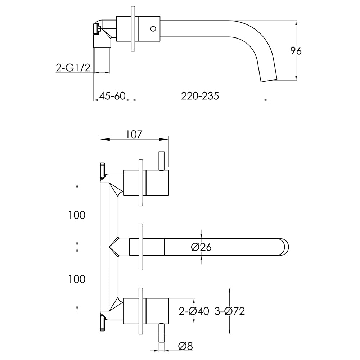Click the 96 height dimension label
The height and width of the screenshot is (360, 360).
(x=296, y=51)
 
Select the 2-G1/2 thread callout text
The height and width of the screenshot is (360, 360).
(x=73, y=67)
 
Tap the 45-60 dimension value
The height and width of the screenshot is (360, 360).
(x=112, y=96)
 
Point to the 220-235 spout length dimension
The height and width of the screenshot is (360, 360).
(x=200, y=96)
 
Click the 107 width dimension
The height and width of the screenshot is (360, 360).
(x=134, y=134)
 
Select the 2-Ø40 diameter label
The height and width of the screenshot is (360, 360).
(x=194, y=311)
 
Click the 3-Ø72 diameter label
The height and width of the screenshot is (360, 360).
(x=229, y=311)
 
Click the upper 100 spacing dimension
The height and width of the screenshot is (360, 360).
(x=77, y=215)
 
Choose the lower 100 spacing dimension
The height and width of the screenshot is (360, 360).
(x=77, y=279)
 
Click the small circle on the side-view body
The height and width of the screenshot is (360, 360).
(x=153, y=28)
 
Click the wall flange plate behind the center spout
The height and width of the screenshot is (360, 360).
(x=141, y=247)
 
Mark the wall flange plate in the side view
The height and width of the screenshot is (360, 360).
(x=132, y=29)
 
